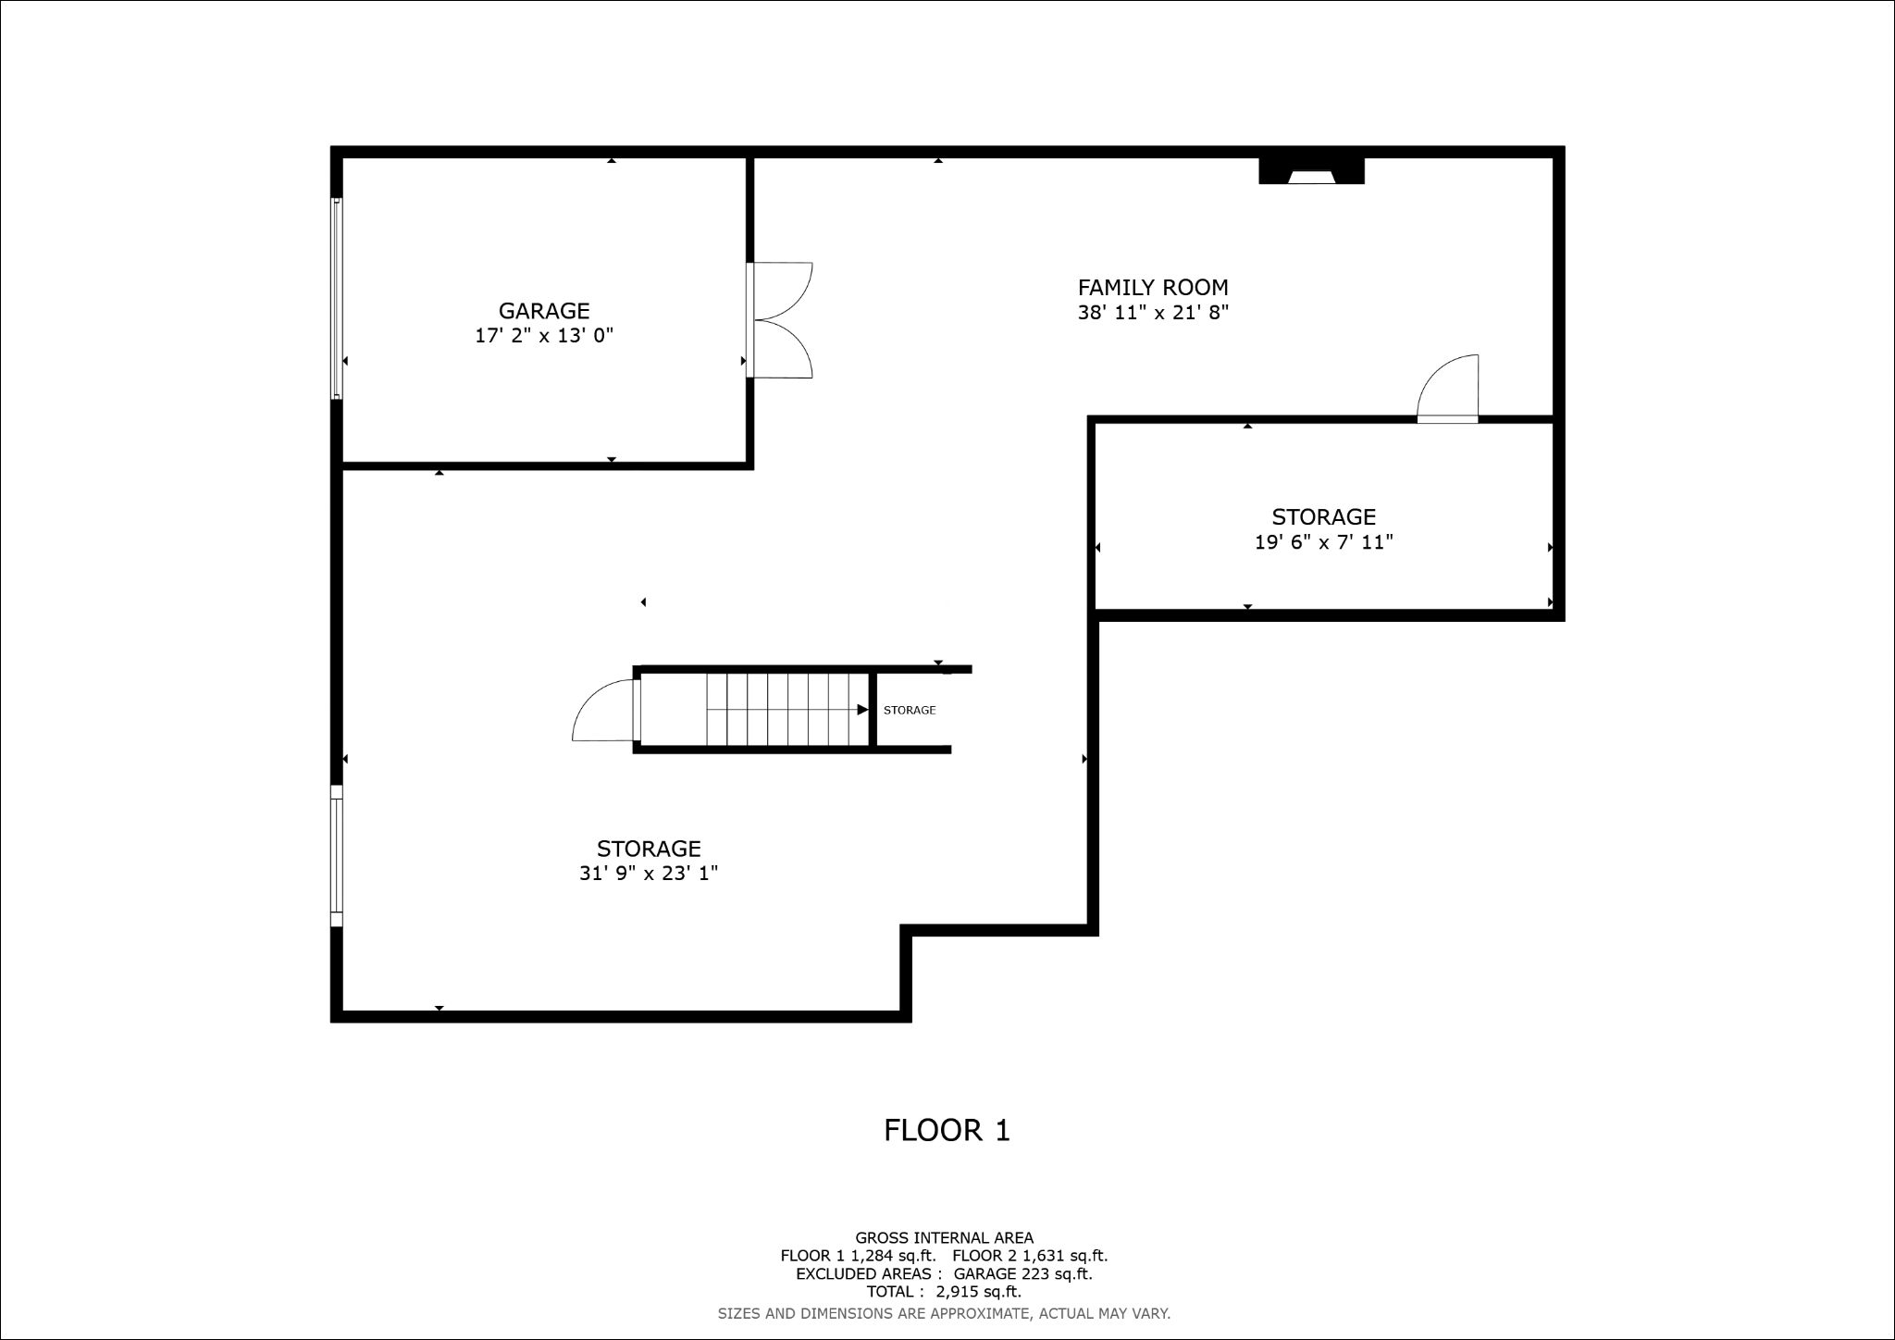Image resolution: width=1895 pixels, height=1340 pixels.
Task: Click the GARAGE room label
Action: (x=544, y=311)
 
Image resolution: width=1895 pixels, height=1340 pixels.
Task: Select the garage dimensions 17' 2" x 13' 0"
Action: (x=544, y=336)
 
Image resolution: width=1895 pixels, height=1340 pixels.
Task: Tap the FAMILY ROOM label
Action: (x=1153, y=288)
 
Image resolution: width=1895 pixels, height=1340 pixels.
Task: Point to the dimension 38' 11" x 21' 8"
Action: (x=1153, y=313)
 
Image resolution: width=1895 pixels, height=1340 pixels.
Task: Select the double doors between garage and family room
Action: (x=779, y=320)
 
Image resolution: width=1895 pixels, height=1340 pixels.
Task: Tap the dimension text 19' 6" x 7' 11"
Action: (x=1323, y=542)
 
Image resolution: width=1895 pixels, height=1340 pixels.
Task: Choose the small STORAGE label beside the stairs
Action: (x=910, y=711)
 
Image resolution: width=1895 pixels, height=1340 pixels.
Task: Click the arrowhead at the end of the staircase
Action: (x=862, y=710)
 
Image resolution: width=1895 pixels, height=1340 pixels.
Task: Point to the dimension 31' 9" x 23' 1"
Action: (x=649, y=874)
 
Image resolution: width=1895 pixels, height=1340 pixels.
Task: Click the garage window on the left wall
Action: (x=338, y=298)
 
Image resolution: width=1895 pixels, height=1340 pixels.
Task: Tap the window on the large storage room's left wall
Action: (x=337, y=855)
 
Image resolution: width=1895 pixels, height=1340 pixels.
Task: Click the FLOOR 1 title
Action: (x=947, y=1130)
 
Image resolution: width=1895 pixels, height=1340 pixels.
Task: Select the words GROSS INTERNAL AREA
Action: (x=944, y=1237)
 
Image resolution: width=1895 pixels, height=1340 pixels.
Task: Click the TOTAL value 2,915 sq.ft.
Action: (x=978, y=1292)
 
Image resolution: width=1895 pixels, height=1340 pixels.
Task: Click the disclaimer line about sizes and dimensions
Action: (x=944, y=1313)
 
